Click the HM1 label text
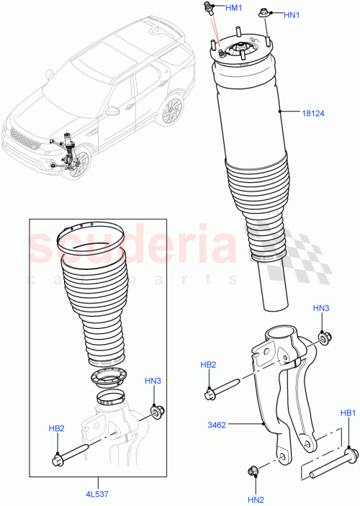point(234,7)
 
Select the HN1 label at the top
point(292,14)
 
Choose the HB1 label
point(348,413)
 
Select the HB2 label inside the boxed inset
point(57,429)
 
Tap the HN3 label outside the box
point(321,308)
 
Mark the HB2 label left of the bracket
point(208,365)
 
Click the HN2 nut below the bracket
point(253,472)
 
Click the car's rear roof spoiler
point(159,30)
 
